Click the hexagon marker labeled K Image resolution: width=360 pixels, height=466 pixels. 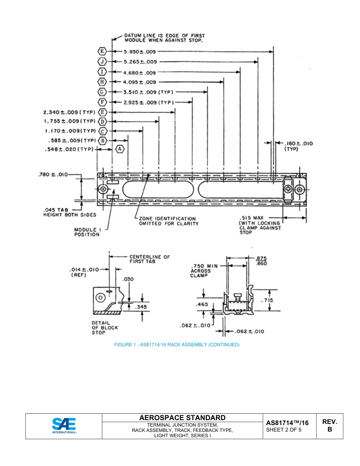pyautogui.click(x=102, y=51)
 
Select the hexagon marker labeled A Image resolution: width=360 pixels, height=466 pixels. pyautogui.click(x=120, y=149)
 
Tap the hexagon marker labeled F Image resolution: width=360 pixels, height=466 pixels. pyautogui.click(x=102, y=102)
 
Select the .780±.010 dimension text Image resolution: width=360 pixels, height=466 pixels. pyautogui.click(x=53, y=175)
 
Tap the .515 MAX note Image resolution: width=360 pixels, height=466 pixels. pyautogui.click(x=260, y=225)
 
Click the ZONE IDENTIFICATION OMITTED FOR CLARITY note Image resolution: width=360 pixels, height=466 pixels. pyautogui.click(x=168, y=221)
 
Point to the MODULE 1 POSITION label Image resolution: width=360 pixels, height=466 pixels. pyautogui.click(x=87, y=232)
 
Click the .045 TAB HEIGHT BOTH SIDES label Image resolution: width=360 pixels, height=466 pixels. pyautogui.click(x=70, y=212)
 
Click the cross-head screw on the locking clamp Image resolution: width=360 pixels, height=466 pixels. pyautogui.click(x=289, y=189)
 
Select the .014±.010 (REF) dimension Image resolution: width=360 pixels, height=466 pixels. pyautogui.click(x=84, y=272)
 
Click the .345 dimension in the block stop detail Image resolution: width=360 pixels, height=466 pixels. pyautogui.click(x=141, y=307)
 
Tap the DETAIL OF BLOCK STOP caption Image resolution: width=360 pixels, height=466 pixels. pyautogui.click(x=105, y=328)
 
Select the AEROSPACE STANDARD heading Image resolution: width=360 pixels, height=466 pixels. pyautogui.click(x=182, y=418)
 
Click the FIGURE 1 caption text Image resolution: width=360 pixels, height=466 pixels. pyautogui.click(x=177, y=345)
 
